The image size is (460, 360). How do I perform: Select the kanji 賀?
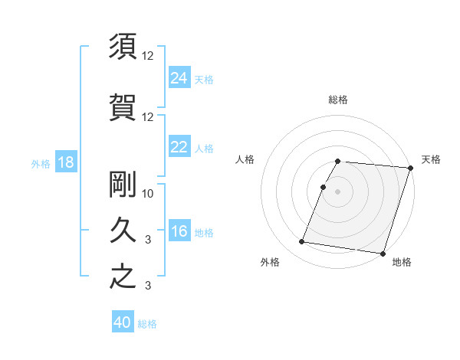click(123, 108)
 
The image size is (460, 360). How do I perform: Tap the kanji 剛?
click(123, 184)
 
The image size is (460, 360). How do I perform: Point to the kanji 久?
click(123, 231)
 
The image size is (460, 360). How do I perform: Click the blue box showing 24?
click(179, 78)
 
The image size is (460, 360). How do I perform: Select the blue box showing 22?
click(179, 147)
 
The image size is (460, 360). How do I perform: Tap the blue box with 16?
click(179, 231)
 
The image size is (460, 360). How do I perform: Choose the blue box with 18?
click(65, 162)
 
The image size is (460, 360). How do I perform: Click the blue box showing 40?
click(123, 322)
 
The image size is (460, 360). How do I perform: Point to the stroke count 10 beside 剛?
click(148, 193)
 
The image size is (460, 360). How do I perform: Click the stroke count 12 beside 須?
click(148, 55)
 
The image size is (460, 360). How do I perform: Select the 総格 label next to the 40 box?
click(147, 324)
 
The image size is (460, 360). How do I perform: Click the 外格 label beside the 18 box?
click(41, 163)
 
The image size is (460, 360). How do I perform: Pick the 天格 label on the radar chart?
click(431, 159)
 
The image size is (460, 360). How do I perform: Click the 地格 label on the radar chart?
click(402, 262)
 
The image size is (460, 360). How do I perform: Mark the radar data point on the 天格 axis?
click(410, 168)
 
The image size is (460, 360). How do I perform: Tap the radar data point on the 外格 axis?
click(302, 242)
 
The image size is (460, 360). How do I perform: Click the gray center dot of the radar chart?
click(338, 191)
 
